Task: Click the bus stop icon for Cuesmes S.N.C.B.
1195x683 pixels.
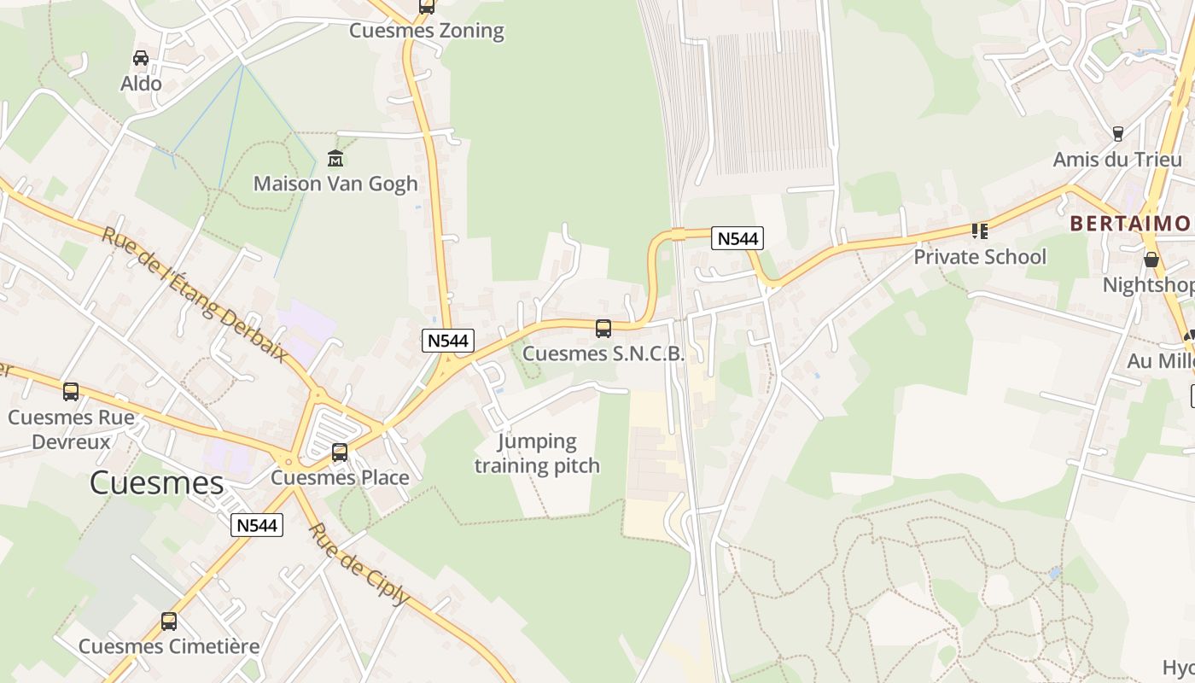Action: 603,328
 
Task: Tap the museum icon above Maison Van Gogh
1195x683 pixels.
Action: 335,159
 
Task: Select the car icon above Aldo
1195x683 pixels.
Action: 141,58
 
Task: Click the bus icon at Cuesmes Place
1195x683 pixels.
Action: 340,452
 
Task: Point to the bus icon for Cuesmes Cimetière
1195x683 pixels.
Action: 169,622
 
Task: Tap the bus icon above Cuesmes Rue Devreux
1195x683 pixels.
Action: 71,392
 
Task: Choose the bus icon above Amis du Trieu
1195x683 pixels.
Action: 1117,134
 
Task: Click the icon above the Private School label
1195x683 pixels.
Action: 980,231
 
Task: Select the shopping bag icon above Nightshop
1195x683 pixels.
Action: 1151,260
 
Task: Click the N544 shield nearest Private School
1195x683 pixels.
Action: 737,238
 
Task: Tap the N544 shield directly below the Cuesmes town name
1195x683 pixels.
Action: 257,525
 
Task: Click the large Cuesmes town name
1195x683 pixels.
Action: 156,483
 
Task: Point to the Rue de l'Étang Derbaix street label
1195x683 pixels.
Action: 195,295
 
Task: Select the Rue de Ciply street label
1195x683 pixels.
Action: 358,563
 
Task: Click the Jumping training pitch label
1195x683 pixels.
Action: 537,453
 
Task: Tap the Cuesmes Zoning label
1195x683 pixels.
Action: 427,32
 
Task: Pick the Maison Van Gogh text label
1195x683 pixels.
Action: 335,184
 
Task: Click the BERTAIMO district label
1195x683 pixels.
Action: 1130,224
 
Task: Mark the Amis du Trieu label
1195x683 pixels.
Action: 1117,160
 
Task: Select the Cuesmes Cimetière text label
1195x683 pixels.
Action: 169,646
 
